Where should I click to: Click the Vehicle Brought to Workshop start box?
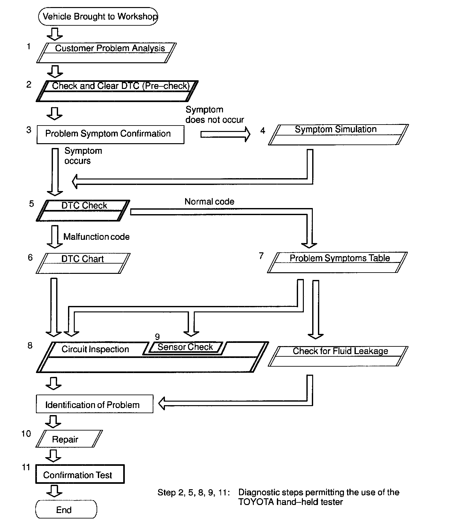[x=98, y=17]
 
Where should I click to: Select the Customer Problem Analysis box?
[x=107, y=53]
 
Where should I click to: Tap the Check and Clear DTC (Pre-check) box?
[x=117, y=91]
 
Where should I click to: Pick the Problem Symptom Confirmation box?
[x=110, y=134]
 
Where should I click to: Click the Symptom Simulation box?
[x=338, y=135]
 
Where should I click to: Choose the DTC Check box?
[x=83, y=210]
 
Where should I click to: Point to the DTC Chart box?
[x=83, y=263]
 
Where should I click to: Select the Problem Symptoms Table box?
[x=337, y=262]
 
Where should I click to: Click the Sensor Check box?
[x=185, y=347]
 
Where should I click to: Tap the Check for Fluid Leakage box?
[x=338, y=356]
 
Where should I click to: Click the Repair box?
[x=69, y=439]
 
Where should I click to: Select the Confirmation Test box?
[x=80, y=474]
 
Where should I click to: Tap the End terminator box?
[x=66, y=509]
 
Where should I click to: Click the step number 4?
[x=263, y=131]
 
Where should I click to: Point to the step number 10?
[x=26, y=434]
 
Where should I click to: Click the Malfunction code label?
[x=96, y=237]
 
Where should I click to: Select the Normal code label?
[x=209, y=202]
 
